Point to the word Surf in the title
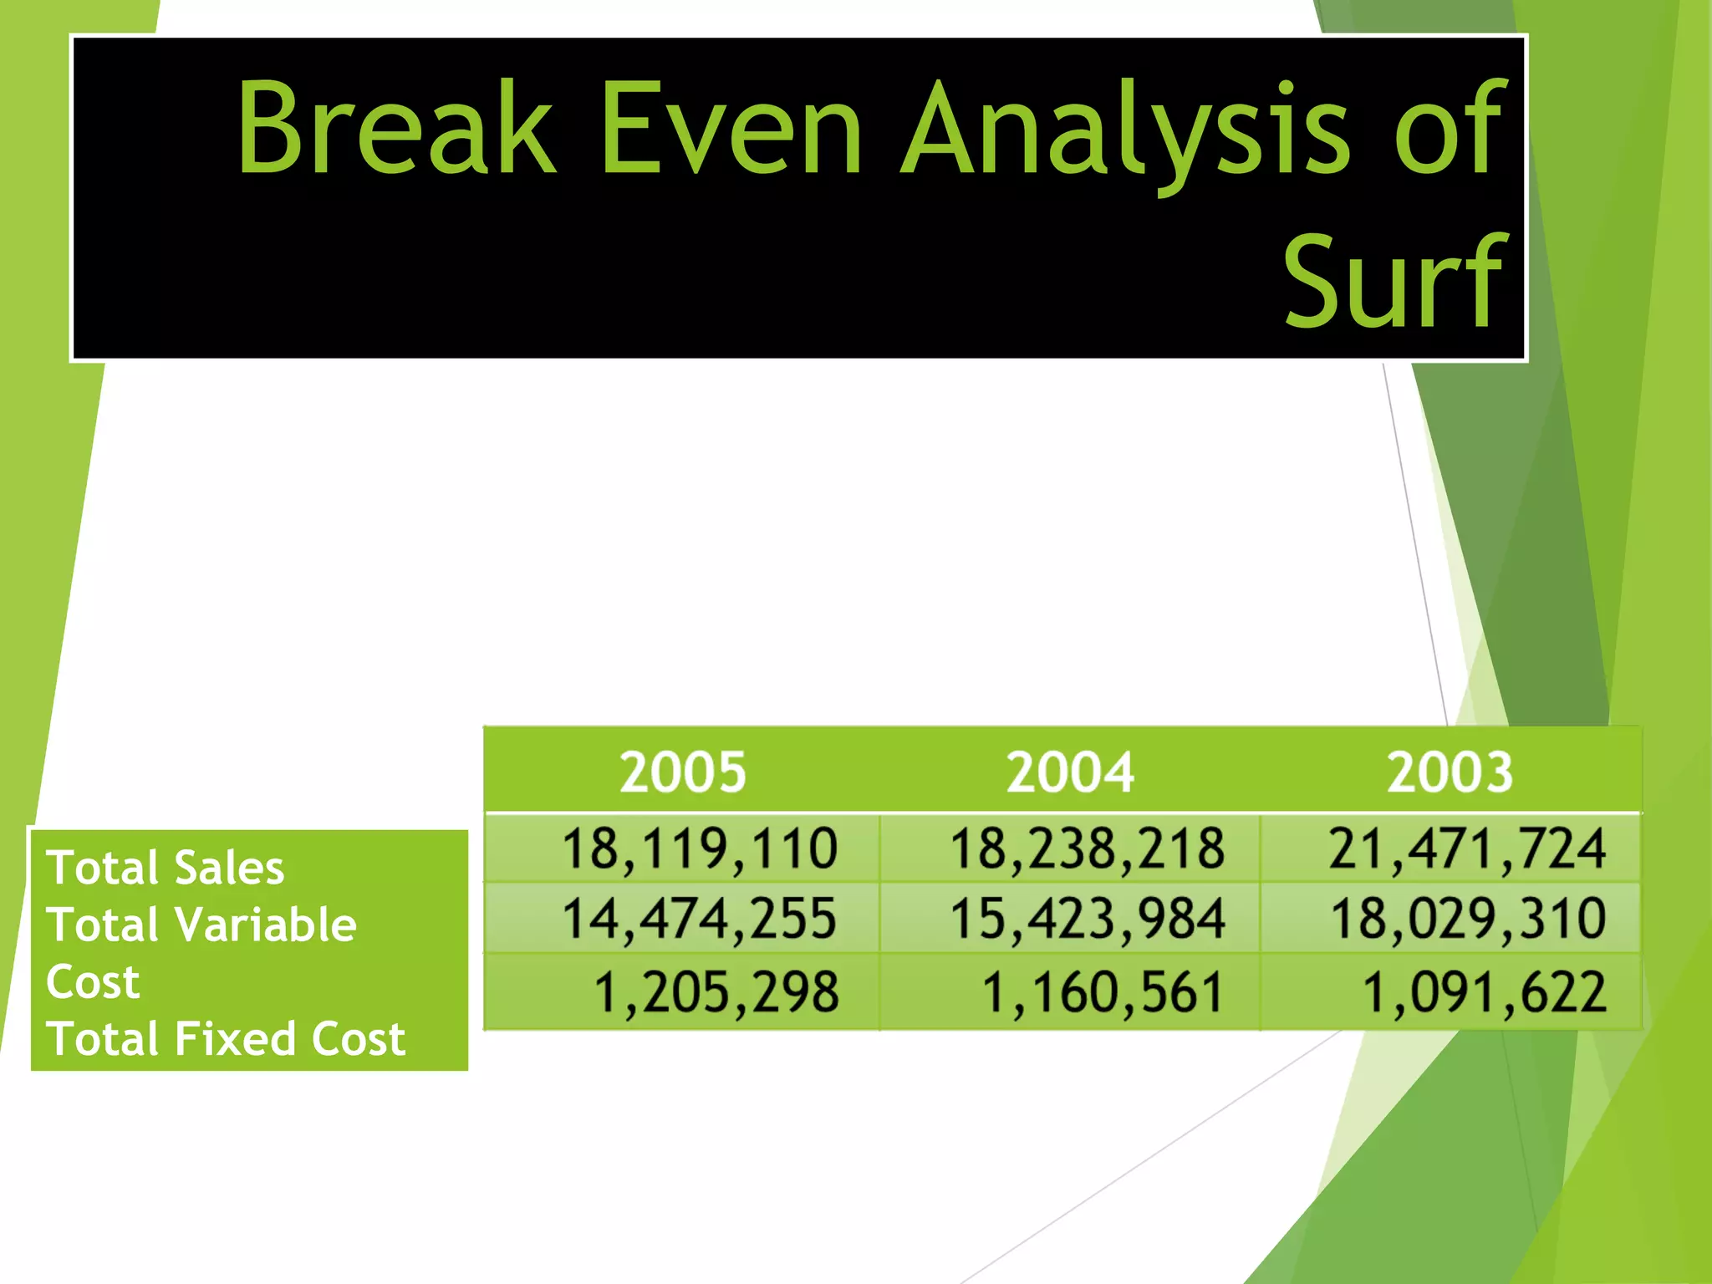(1394, 282)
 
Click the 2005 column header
(682, 772)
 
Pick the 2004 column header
(1070, 772)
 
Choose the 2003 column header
(1450, 772)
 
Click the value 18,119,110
(699, 849)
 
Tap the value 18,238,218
(1087, 849)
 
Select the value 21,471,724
(1467, 849)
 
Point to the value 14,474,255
(699, 920)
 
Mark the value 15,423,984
(1087, 920)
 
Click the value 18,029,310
(1468, 920)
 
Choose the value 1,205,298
(716, 993)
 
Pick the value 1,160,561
(1103, 993)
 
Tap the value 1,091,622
(1484, 993)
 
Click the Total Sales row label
(166, 868)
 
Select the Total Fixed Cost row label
(226, 1039)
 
